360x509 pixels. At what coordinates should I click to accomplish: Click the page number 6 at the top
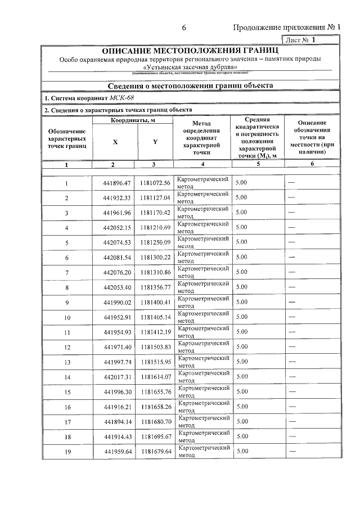184,29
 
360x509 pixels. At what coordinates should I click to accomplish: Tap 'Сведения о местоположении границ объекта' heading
190,85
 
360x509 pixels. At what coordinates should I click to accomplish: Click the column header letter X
115,142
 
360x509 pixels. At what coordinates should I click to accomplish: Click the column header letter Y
155,142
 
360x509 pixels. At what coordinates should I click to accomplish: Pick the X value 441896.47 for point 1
117,183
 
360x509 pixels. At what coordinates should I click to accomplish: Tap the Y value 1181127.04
155,198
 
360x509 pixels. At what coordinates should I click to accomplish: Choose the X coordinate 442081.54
117,258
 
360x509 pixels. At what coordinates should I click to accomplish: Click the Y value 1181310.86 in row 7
155,272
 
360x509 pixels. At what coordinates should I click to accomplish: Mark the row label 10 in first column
67,317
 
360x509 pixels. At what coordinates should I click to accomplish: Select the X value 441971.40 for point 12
117,347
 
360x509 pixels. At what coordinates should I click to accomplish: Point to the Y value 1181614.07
155,377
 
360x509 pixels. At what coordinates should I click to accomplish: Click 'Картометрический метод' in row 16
203,406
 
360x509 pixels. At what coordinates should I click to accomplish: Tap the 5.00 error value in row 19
241,451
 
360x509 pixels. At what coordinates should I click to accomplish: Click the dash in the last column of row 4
292,228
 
